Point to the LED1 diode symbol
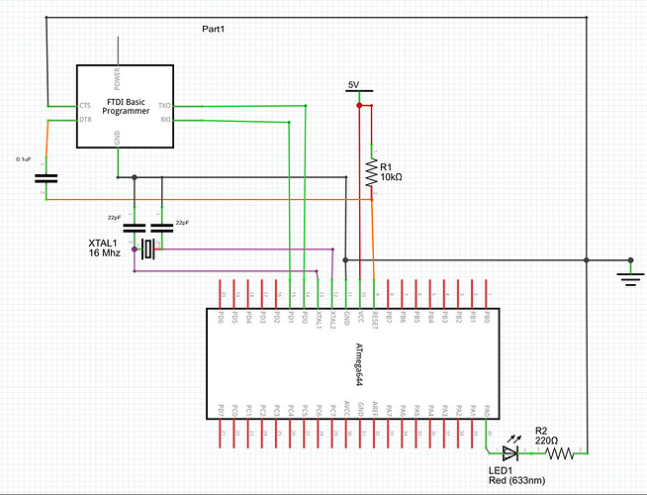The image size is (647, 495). (510, 453)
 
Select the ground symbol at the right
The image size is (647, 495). (627, 274)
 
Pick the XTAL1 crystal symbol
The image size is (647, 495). (147, 249)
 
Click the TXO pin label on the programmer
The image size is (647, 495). (164, 105)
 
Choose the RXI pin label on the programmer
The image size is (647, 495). (164, 120)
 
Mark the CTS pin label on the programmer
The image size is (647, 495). (85, 105)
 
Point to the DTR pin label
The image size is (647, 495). (85, 120)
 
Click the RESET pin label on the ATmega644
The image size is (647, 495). (374, 320)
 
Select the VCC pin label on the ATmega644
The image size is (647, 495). (360, 319)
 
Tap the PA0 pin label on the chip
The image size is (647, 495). (487, 409)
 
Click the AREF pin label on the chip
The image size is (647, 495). (374, 408)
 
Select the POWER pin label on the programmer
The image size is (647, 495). (118, 77)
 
